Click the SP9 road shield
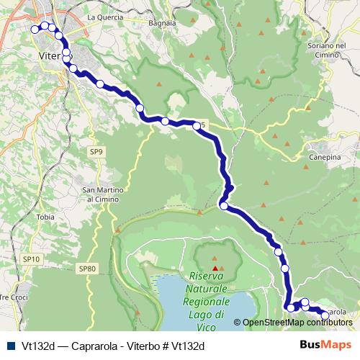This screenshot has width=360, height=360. [97, 151]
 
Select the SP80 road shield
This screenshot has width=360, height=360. [87, 269]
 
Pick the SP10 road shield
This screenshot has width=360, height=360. [31, 258]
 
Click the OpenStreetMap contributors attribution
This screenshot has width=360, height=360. [298, 323]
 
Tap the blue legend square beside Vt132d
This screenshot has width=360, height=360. [9, 346]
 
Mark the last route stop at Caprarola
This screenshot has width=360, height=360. [325, 315]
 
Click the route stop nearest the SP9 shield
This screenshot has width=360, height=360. [140, 109]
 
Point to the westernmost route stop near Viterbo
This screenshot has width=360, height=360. [35, 30]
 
